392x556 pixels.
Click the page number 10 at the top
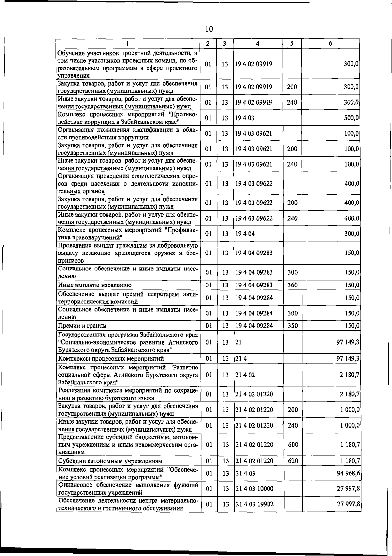click(x=209, y=29)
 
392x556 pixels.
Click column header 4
click(x=258, y=43)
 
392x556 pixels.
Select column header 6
click(x=330, y=43)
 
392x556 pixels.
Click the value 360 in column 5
click(x=292, y=285)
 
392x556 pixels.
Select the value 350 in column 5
click(x=292, y=326)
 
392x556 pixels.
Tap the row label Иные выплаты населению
click(x=95, y=285)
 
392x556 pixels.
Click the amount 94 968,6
click(x=348, y=473)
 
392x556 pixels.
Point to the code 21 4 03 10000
click(x=254, y=489)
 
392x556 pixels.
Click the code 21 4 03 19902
click(x=254, y=504)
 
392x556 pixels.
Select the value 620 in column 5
click(x=293, y=461)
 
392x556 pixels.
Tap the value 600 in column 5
click(x=293, y=445)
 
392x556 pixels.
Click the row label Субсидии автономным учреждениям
click(x=110, y=461)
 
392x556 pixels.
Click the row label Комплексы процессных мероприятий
click(x=111, y=359)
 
